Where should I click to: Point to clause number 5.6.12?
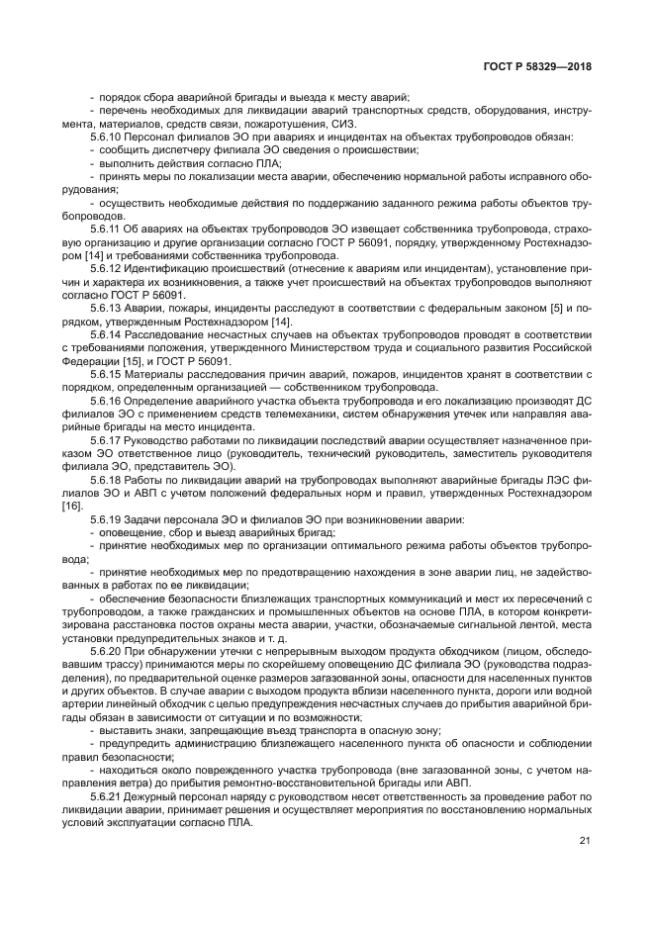tap(106, 268)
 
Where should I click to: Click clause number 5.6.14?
tap(106, 336)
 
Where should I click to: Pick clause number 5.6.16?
tap(106, 402)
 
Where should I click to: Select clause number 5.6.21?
tap(106, 795)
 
